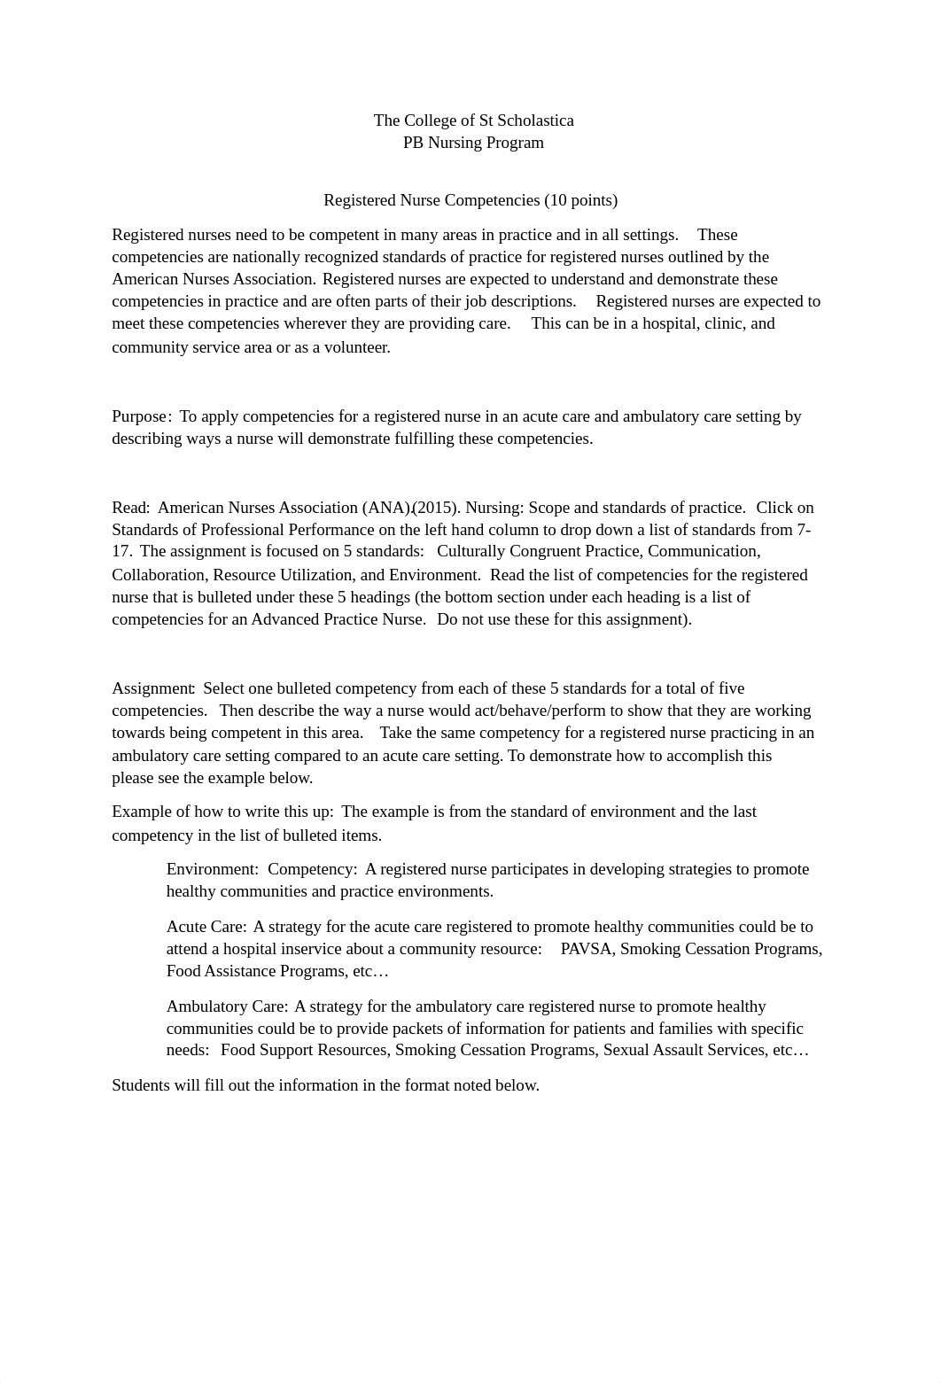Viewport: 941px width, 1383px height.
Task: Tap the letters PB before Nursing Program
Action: coord(413,143)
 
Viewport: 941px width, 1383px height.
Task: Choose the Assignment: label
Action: coord(153,688)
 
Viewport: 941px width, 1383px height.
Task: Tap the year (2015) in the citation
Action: coord(436,508)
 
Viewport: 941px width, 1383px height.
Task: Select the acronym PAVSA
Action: coord(586,949)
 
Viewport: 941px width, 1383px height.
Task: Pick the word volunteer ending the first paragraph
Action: coord(356,347)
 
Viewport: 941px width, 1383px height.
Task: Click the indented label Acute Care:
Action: coord(206,927)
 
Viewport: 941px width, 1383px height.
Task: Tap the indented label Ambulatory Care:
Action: coord(227,1006)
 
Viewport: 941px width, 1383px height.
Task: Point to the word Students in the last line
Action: coord(140,1085)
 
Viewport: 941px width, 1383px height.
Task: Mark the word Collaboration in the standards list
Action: coord(158,574)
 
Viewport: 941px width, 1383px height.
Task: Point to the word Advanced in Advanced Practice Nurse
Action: coord(284,619)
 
